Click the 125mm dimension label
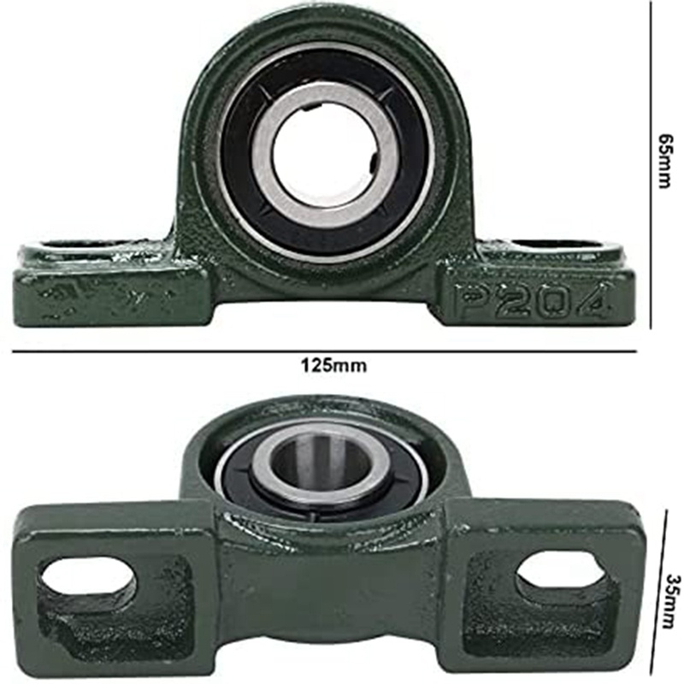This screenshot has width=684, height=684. tap(333, 365)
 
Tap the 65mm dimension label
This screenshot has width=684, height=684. tap(666, 161)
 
